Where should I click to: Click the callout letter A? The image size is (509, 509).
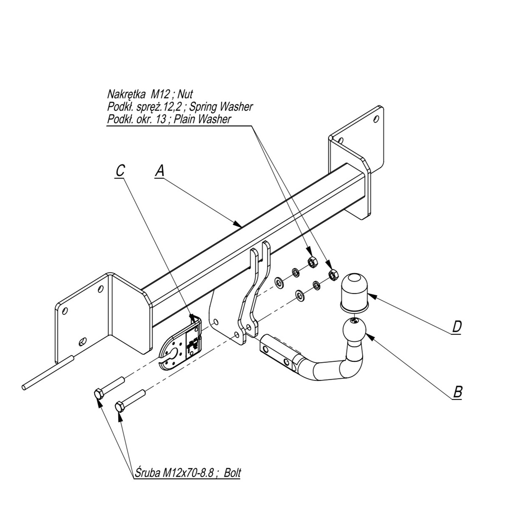tap(160, 171)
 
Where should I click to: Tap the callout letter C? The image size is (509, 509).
tap(120, 171)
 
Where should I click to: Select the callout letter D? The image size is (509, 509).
tap(457, 327)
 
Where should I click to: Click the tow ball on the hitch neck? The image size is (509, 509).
tap(355, 330)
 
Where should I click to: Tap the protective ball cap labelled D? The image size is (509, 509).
tap(355, 291)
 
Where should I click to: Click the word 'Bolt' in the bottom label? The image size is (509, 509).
tap(232, 473)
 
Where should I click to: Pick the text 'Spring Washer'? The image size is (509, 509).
tap(221, 107)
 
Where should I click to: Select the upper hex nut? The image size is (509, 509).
tap(313, 262)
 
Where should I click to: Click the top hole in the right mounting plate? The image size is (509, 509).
tap(376, 119)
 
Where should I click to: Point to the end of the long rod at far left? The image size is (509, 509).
tap(24, 387)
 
